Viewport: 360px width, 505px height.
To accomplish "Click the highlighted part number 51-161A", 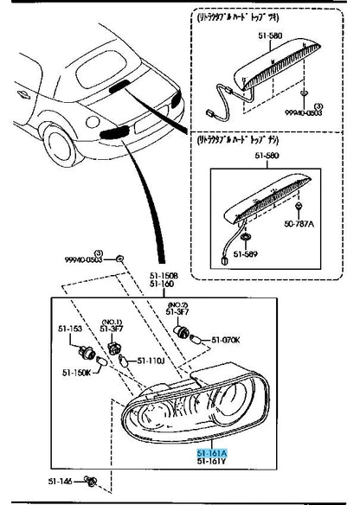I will [210, 452].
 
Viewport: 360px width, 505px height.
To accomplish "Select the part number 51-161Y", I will [210, 462].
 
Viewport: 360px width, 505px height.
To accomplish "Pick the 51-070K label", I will [226, 339].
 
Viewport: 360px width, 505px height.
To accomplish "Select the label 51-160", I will [161, 284].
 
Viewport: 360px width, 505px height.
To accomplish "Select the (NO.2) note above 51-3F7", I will [178, 305].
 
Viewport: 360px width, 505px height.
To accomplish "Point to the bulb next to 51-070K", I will [196, 342].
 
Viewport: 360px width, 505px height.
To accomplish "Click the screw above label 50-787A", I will [298, 208].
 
